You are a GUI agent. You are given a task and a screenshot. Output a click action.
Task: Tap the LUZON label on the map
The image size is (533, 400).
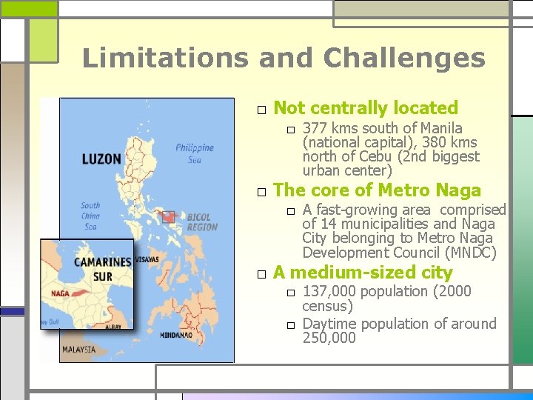click(x=101, y=159)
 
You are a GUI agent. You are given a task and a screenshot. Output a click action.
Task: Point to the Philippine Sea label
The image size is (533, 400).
click(x=194, y=153)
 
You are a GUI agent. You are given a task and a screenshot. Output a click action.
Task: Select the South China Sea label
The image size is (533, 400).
click(x=90, y=216)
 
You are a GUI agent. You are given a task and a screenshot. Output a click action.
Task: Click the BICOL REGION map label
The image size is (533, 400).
click(x=202, y=222)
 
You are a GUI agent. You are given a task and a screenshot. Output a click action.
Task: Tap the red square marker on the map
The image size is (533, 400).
click(x=169, y=216)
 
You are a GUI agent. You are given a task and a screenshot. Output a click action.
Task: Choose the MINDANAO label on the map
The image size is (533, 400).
click(x=176, y=335)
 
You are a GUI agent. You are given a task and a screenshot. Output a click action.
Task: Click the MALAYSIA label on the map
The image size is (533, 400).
click(x=78, y=349)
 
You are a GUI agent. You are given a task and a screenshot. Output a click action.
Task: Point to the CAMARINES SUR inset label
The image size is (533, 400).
click(x=102, y=269)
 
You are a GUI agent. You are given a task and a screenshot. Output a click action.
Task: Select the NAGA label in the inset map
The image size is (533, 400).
click(x=61, y=293)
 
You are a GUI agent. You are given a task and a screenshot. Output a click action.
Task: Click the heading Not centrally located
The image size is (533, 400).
click(x=366, y=108)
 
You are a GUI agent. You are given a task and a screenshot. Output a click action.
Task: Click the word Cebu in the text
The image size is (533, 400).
click(x=378, y=156)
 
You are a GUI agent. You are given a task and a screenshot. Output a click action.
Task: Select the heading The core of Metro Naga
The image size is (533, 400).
click(x=377, y=190)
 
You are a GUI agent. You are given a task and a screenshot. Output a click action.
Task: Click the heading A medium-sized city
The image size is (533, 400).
click(x=363, y=273)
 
